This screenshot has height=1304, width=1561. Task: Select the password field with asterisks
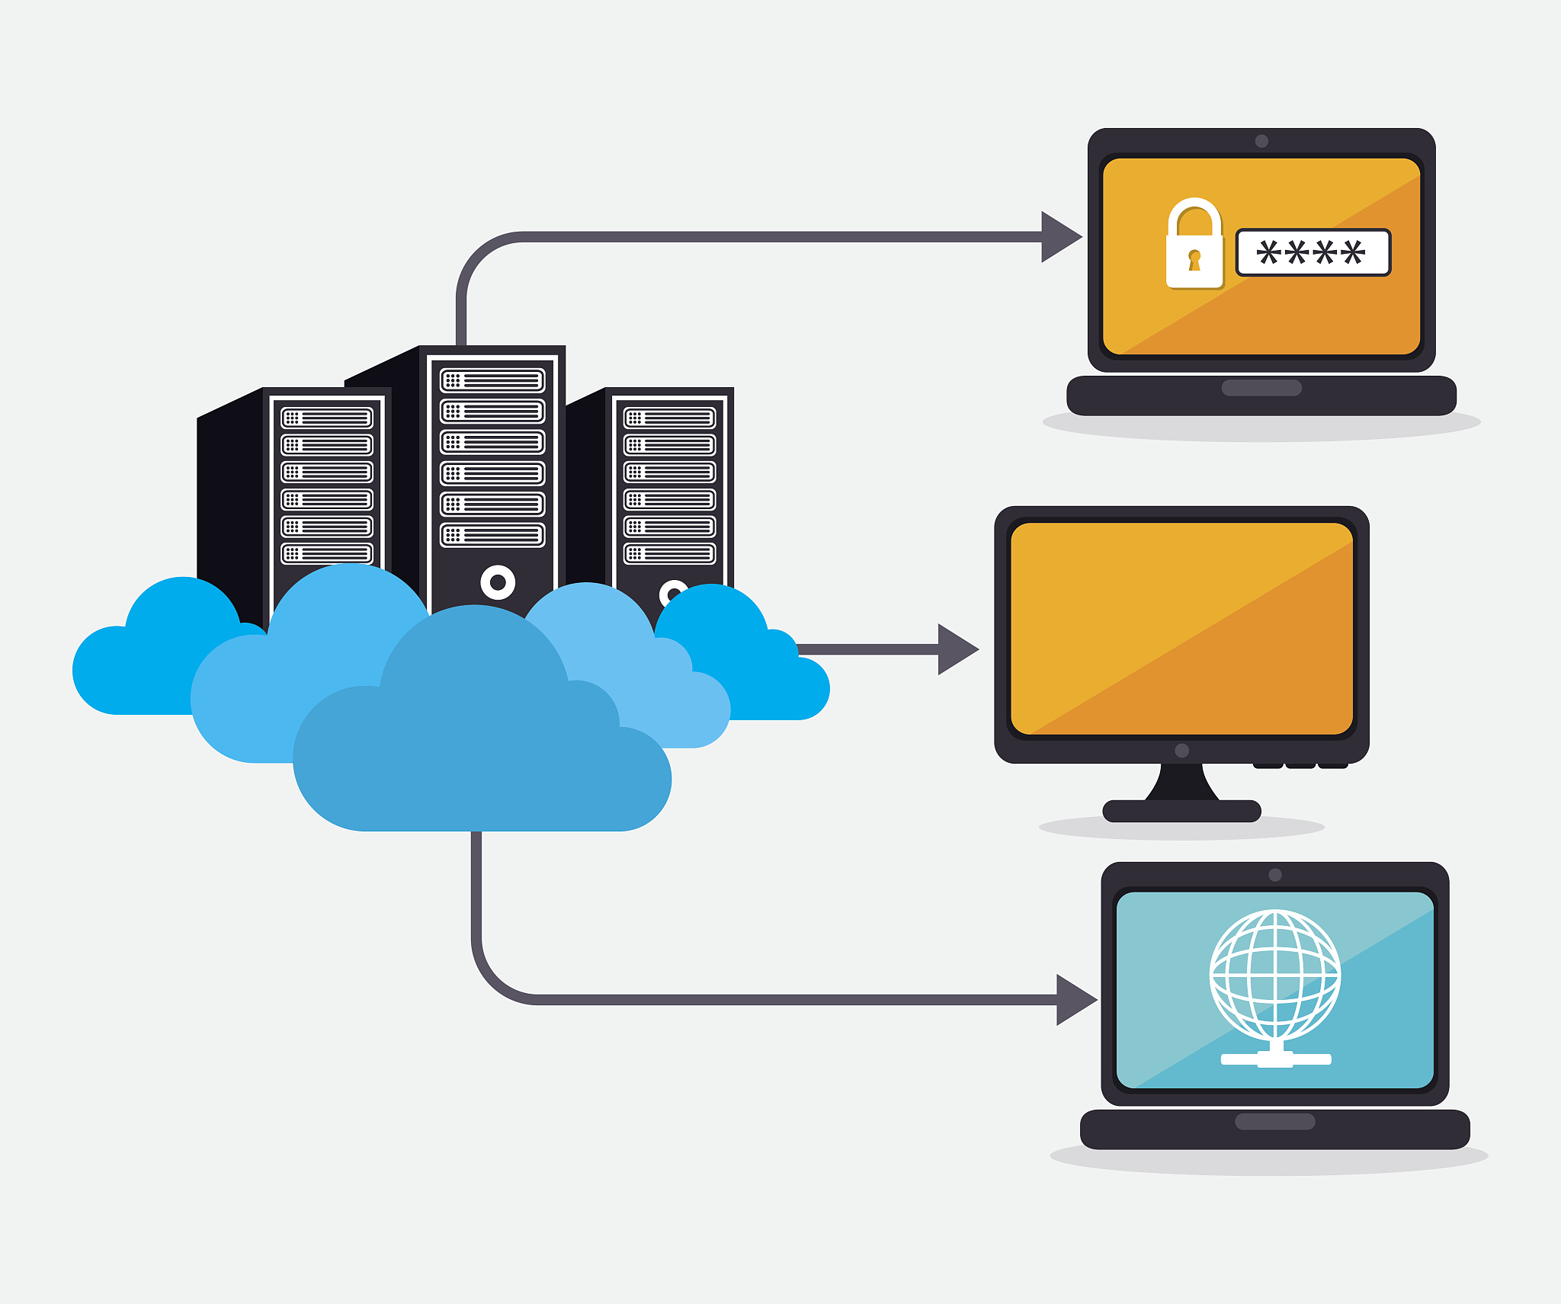[x=1313, y=252]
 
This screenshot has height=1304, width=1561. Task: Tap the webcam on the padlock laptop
[x=1261, y=141]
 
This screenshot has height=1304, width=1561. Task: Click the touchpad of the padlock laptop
[x=1261, y=388]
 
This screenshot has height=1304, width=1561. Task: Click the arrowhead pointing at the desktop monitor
[x=957, y=649]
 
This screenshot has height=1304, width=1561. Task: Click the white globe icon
[x=1275, y=975]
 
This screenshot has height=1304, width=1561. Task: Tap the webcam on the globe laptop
[x=1275, y=875]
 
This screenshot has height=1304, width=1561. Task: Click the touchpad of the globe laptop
[x=1275, y=1121]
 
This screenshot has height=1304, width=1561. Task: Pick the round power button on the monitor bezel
[x=1182, y=751]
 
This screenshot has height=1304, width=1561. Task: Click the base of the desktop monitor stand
[x=1181, y=811]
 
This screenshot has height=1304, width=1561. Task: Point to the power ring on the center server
[x=498, y=582]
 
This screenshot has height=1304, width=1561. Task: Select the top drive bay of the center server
[x=492, y=380]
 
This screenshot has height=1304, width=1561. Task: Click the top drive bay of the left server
[x=327, y=418]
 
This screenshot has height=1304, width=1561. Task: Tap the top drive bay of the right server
[x=669, y=418]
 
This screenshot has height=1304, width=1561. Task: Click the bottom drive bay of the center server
[x=492, y=535]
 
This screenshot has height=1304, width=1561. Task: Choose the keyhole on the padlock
[x=1194, y=260]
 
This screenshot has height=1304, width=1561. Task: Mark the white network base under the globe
[x=1275, y=1059]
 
